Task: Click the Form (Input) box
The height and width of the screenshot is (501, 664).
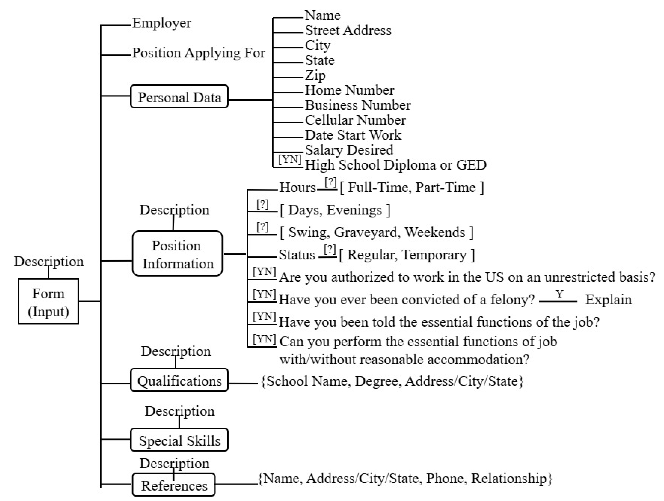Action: point(48,301)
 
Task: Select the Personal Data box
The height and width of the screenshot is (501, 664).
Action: point(179,96)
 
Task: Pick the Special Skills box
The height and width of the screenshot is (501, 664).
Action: point(179,440)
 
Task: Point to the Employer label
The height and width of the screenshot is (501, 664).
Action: point(162,23)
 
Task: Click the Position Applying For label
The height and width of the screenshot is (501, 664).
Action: point(199,53)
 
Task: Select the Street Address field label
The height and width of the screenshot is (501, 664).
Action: point(348,30)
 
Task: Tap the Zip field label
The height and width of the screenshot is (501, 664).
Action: point(315,75)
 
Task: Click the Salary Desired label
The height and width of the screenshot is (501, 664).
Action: point(349,150)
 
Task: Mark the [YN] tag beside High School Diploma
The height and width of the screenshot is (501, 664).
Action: point(290,159)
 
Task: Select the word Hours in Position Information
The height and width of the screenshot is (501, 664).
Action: point(297,187)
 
